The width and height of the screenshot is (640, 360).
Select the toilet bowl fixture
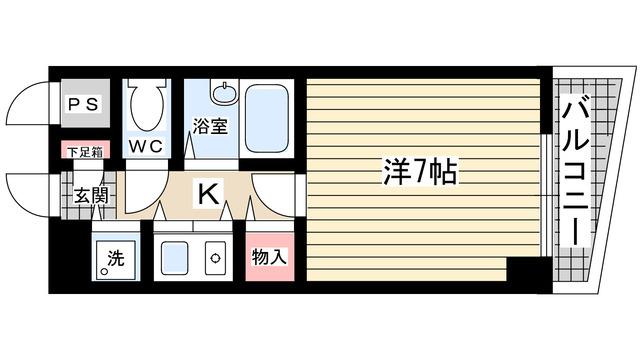click(x=146, y=112)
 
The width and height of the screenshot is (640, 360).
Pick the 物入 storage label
click(x=268, y=257)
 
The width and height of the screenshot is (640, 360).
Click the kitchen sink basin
click(x=176, y=258)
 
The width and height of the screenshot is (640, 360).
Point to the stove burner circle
click(x=215, y=258)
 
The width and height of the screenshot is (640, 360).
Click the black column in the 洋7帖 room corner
click(x=524, y=270)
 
